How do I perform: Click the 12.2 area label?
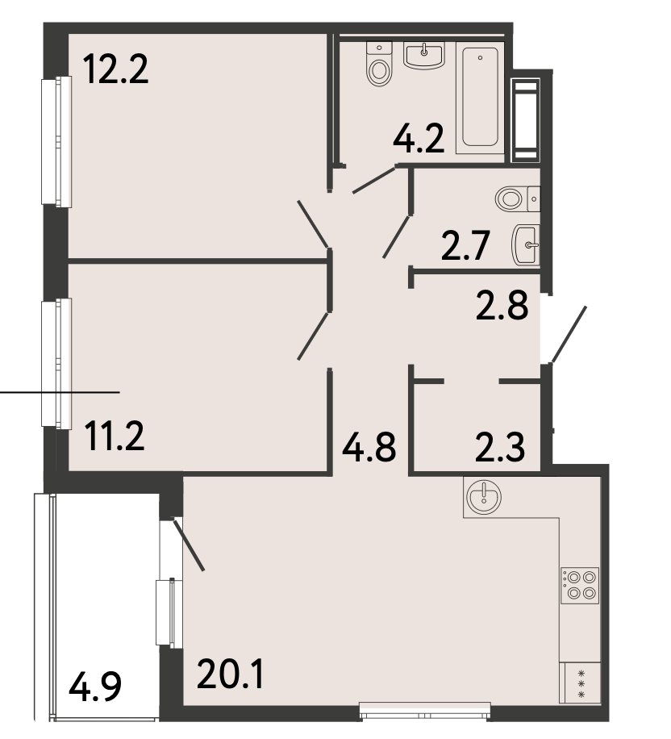click(x=115, y=69)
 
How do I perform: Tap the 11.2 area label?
click(x=115, y=436)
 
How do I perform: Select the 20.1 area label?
click(x=230, y=674)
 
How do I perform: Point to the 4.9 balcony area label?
click(x=95, y=687)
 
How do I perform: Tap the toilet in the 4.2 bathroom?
click(x=379, y=64)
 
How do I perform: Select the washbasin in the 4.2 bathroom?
click(x=424, y=55)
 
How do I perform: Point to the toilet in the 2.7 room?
click(x=518, y=199)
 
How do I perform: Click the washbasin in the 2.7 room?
click(x=525, y=244)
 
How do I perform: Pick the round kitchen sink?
click(x=484, y=497)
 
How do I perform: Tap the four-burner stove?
click(x=580, y=586)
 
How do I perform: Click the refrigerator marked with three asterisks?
click(x=580, y=683)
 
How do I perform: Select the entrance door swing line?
click(x=569, y=334)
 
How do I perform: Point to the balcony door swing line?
click(x=189, y=545)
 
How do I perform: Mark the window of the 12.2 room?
click(x=56, y=142)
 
